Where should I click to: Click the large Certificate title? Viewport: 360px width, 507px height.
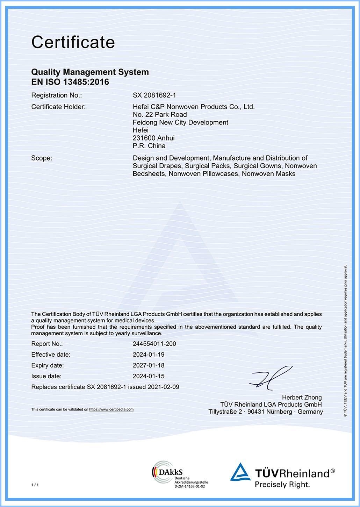[x=73, y=42]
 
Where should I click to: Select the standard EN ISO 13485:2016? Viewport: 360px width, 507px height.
[x=70, y=82]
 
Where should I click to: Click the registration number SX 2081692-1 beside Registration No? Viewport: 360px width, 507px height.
[x=154, y=95]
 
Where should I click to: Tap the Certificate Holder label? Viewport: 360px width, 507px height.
[x=58, y=107]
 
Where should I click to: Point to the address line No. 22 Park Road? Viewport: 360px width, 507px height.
[x=160, y=115]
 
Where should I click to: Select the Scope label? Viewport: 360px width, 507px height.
[x=42, y=158]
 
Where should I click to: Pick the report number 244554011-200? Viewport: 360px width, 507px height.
[x=154, y=344]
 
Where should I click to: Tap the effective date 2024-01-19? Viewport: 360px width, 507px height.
[x=149, y=355]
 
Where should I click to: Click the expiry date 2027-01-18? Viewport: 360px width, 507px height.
[x=149, y=365]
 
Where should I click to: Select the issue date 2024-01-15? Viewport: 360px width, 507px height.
[x=149, y=376]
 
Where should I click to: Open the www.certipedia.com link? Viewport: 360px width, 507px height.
[x=111, y=409]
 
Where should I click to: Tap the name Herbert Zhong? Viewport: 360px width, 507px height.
[x=302, y=398]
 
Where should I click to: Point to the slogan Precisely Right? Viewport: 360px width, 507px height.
[x=282, y=485]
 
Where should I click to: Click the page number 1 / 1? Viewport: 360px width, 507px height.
[x=35, y=485]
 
